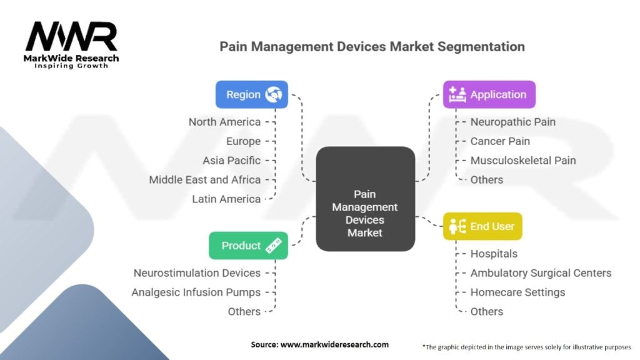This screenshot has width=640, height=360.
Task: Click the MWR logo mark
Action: tap(71, 37)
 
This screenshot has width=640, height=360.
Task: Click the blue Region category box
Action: tap(252, 95)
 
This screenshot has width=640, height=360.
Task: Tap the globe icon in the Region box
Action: tap(273, 95)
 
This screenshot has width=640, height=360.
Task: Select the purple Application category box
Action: tap(489, 95)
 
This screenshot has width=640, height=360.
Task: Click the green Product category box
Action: tap(249, 246)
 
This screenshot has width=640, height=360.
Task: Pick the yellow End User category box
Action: tap(483, 226)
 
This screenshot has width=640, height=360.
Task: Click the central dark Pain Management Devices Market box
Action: tap(365, 199)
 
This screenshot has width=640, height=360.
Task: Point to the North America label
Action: tap(224, 122)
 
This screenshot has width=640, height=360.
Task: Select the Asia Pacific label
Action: tap(231, 161)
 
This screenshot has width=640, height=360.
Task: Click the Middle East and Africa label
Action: tap(205, 180)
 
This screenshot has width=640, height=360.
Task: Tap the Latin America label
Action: tap(226, 199)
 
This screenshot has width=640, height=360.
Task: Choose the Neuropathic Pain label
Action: tap(513, 122)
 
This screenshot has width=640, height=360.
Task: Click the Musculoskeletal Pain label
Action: tap(523, 161)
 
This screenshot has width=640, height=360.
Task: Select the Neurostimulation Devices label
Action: tap(197, 273)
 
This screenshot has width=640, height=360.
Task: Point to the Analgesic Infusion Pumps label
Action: tap(196, 292)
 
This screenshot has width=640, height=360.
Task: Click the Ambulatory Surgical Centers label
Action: tap(541, 273)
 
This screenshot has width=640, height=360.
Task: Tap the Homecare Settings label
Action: tap(518, 292)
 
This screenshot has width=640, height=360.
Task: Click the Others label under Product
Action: tap(244, 312)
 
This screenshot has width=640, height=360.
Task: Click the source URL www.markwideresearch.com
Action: tap(335, 344)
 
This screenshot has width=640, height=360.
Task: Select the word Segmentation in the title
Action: tap(481, 47)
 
